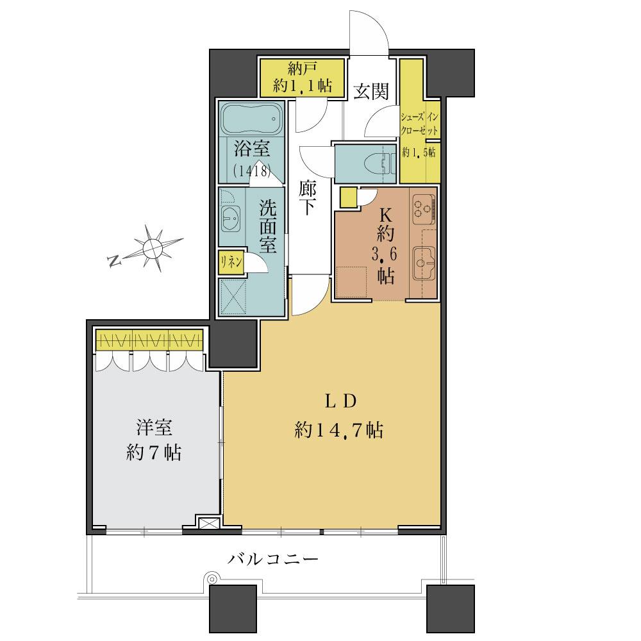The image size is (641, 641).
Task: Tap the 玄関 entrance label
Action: [371, 92]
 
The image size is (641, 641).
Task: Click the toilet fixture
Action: [382, 163]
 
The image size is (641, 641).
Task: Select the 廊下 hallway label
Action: [306, 198]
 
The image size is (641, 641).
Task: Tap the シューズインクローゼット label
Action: [420, 122]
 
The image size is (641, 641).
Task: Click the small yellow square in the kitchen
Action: [349, 197]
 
